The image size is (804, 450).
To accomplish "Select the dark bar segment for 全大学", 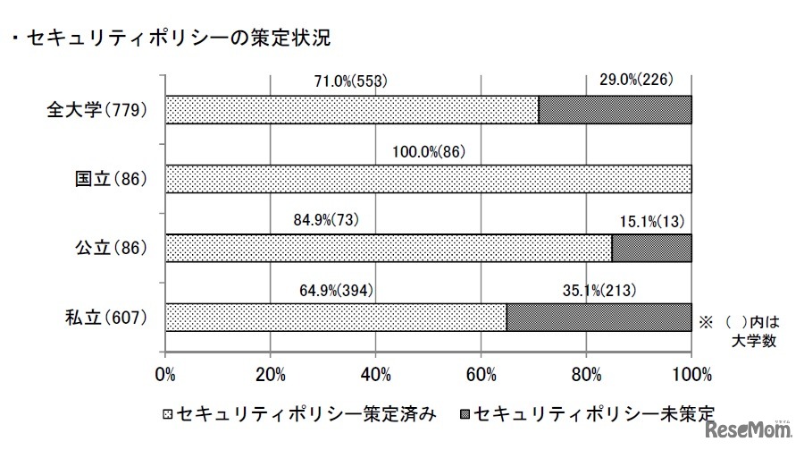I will pyautogui.click(x=615, y=110).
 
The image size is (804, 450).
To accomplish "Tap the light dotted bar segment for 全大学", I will pyautogui.click(x=352, y=110).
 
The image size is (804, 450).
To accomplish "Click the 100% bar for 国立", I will pyautogui.click(x=429, y=179).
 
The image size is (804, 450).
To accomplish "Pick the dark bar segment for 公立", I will pyautogui.click(x=651, y=249).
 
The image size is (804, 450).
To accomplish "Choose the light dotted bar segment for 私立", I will pyautogui.click(x=336, y=318).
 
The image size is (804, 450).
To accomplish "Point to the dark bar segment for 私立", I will pyautogui.click(x=599, y=318).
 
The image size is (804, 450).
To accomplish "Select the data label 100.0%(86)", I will pyautogui.click(x=429, y=151).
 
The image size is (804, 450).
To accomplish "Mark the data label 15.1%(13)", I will pyautogui.click(x=651, y=220).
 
